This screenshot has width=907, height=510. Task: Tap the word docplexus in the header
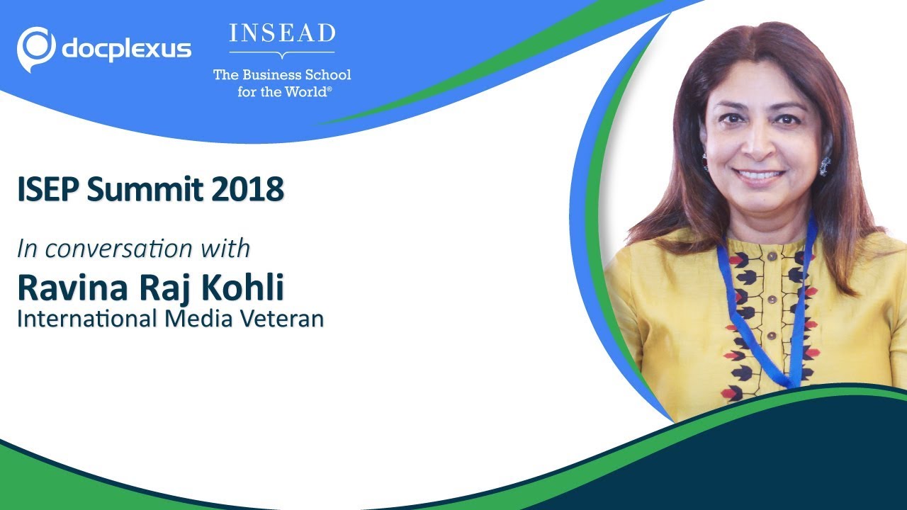[x=127, y=50]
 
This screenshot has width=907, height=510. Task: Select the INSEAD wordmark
[x=282, y=34]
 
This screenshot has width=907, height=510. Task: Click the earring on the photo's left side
[x=705, y=161]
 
